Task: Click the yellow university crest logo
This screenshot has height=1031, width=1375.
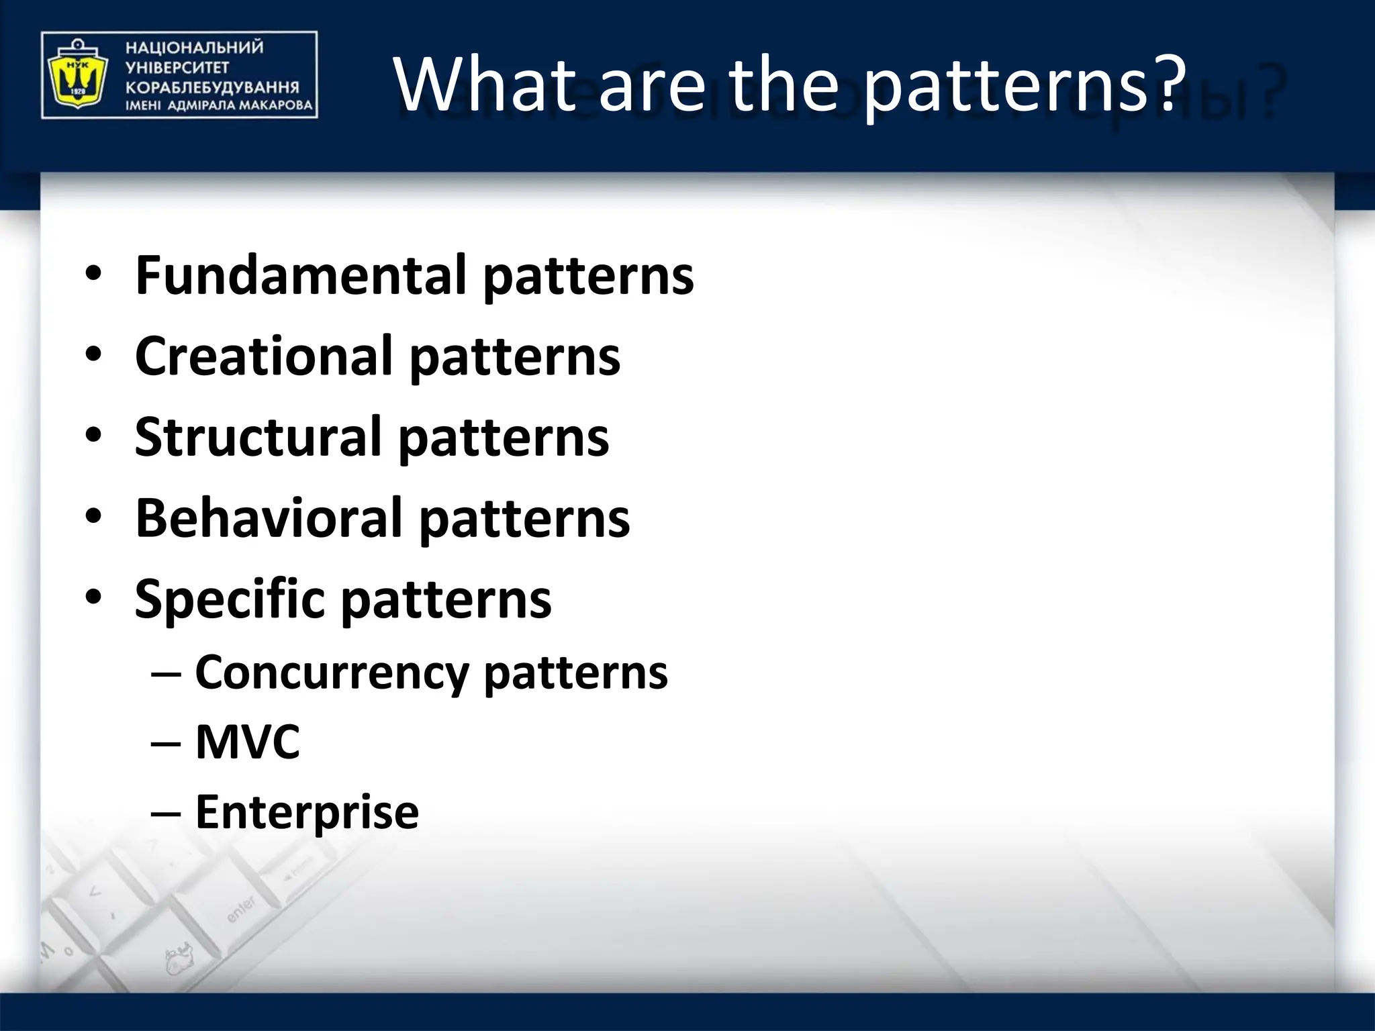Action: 75,75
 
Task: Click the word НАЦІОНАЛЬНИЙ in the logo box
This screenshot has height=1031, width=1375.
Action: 194,48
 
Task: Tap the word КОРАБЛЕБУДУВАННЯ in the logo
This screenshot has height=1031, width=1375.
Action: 212,87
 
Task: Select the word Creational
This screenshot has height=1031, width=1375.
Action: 263,356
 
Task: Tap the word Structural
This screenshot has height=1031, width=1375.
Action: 258,436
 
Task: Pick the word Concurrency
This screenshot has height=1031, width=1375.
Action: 332,672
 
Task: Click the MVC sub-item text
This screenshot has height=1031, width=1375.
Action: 247,742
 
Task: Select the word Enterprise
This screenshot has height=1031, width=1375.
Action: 307,812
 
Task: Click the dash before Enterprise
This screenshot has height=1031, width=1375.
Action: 166,814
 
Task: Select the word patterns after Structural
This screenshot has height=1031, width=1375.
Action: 504,436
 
